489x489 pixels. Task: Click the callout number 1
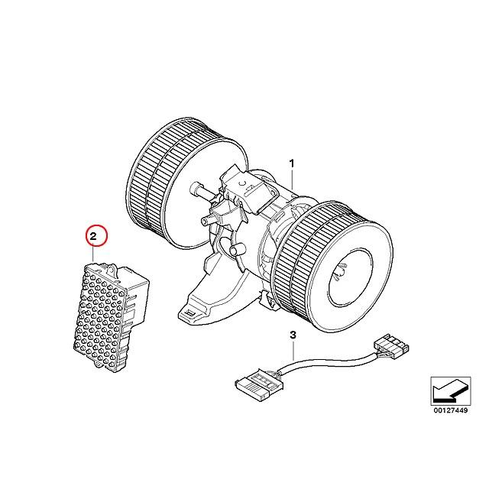pyautogui.click(x=291, y=163)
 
